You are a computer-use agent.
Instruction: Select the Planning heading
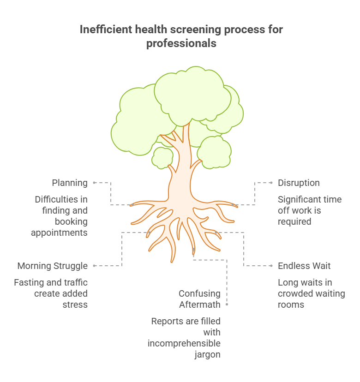(x=70, y=183)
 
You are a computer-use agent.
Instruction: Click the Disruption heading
(x=299, y=183)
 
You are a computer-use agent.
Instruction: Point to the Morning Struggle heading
(x=53, y=266)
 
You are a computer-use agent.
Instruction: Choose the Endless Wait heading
(x=304, y=266)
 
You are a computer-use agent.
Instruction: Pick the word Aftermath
(x=199, y=304)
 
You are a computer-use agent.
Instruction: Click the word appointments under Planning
(x=59, y=233)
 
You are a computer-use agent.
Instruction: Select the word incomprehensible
(x=184, y=343)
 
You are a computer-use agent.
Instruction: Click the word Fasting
(x=30, y=282)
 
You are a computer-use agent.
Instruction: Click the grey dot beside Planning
(x=94, y=183)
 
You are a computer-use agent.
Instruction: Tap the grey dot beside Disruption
(x=271, y=183)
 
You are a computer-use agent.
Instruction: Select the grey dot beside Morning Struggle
(x=94, y=266)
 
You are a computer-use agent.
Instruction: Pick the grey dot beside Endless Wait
(x=271, y=266)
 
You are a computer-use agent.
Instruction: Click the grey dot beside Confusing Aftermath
(x=227, y=304)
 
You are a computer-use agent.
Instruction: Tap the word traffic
(x=76, y=282)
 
